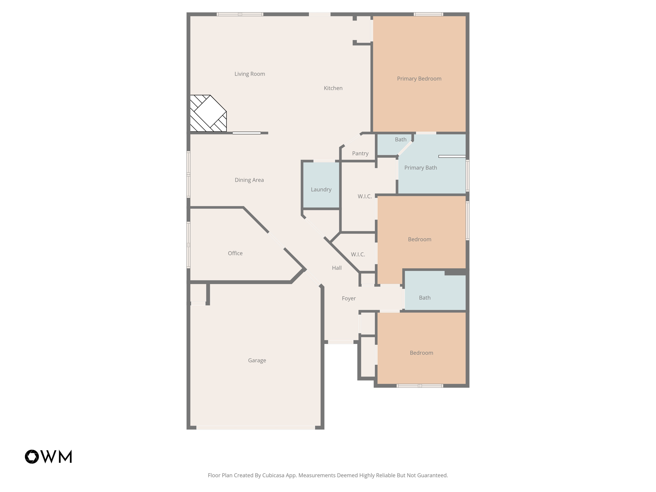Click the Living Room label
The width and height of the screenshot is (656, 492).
(x=250, y=74)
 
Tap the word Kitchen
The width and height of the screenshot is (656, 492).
(x=333, y=88)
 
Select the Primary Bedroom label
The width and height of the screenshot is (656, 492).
(x=419, y=79)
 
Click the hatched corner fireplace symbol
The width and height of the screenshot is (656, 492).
(x=208, y=113)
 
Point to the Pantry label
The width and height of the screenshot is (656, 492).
(x=360, y=153)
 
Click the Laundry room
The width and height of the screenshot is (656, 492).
(x=321, y=189)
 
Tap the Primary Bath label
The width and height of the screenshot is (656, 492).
(x=420, y=168)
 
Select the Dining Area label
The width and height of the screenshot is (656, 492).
(x=249, y=180)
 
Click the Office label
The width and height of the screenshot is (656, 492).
(x=235, y=253)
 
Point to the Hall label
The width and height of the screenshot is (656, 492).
(x=337, y=268)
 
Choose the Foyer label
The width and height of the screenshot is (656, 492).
(x=348, y=299)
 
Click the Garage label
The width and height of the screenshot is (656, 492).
(x=257, y=360)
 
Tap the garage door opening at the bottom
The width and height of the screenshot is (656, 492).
(x=256, y=428)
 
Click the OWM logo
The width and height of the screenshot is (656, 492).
(x=48, y=456)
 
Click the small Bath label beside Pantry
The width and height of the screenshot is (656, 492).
(x=400, y=140)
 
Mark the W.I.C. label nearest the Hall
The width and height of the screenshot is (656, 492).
(x=358, y=254)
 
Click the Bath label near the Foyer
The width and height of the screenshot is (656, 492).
(x=424, y=298)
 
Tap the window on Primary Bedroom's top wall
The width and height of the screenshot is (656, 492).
(x=428, y=14)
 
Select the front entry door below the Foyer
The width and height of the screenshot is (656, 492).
(x=340, y=342)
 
